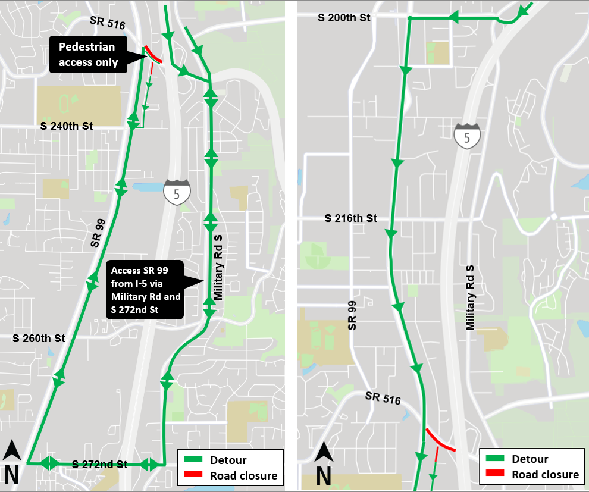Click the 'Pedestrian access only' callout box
[87, 55]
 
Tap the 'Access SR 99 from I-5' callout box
[146, 290]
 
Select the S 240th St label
[67, 126]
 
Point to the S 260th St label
[39, 339]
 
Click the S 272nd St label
[99, 464]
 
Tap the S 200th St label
[344, 18]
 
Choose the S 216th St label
[351, 218]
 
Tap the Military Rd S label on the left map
[218, 267]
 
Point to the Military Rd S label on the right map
[471, 297]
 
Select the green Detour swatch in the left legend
[193, 460]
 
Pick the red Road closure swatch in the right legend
[495, 474]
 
